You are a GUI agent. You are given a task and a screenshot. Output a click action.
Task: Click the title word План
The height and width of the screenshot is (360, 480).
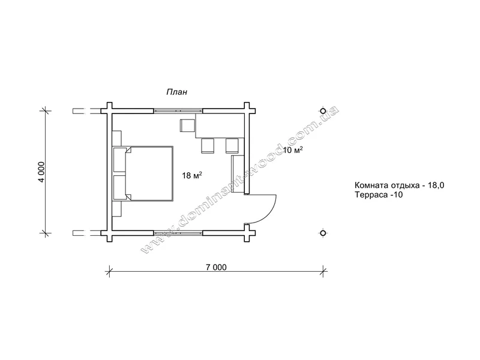[176, 92]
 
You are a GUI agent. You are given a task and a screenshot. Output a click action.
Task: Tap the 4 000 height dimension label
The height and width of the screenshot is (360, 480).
[41, 172]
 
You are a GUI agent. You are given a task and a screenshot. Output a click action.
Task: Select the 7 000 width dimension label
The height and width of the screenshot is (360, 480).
[216, 267]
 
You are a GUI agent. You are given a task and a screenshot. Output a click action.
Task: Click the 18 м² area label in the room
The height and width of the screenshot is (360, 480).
[192, 175]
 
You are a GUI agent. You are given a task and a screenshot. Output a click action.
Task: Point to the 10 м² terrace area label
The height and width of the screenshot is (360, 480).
[293, 150]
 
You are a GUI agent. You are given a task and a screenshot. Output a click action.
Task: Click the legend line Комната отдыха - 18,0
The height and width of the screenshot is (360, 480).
[400, 185]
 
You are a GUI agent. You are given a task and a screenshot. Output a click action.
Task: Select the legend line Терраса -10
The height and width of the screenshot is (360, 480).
[379, 194]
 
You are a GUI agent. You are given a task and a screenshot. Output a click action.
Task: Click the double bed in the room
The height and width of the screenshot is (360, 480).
[143, 173]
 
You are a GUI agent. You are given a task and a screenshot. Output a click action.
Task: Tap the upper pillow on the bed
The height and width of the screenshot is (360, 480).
[119, 159]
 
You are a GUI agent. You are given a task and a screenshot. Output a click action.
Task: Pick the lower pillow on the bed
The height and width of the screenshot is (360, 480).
[119, 187]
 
